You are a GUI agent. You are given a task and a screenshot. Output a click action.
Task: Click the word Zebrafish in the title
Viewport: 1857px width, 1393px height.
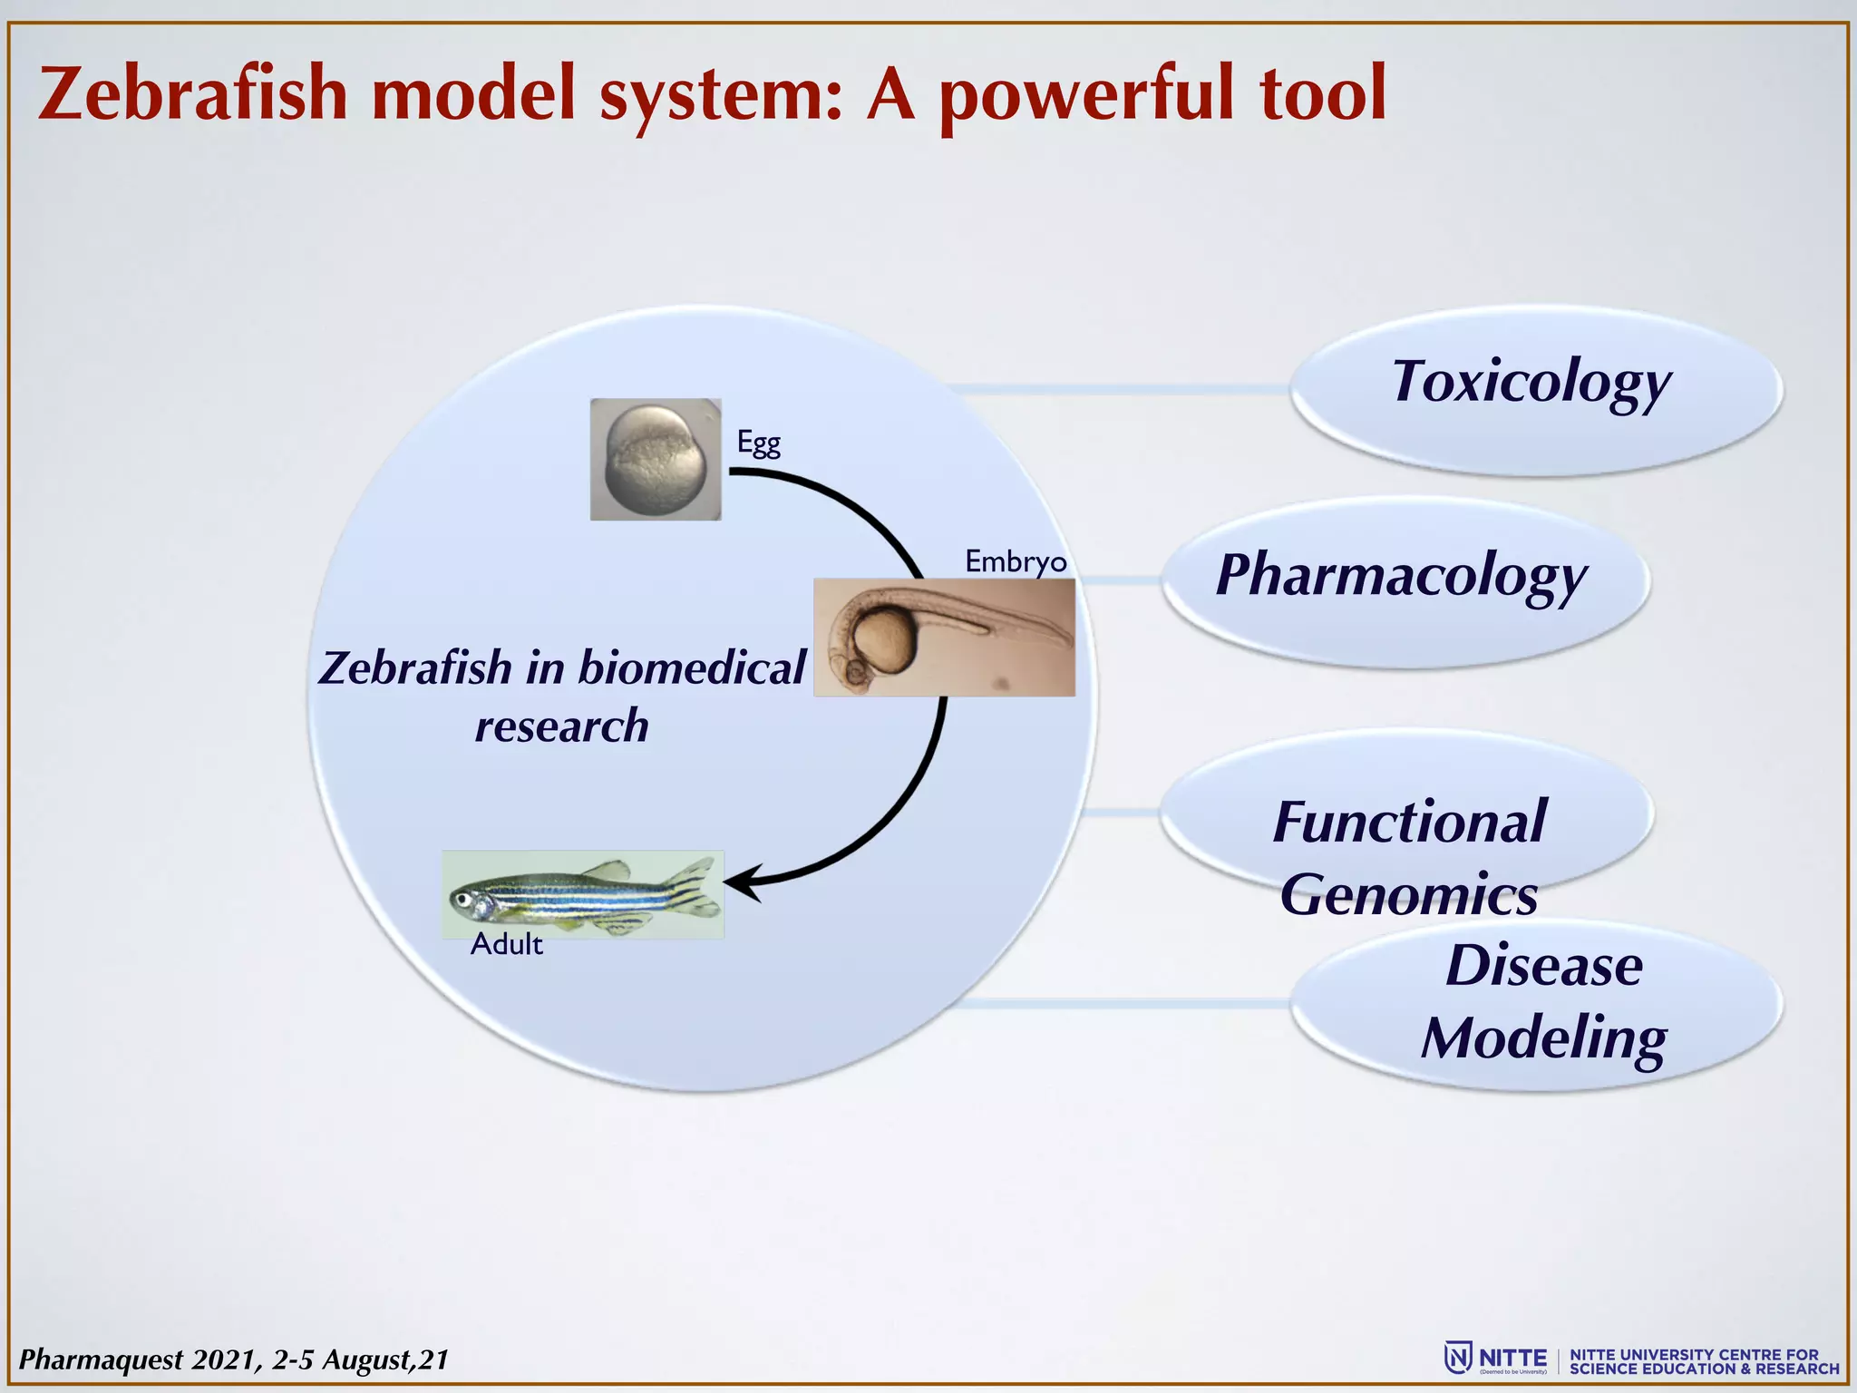point(193,93)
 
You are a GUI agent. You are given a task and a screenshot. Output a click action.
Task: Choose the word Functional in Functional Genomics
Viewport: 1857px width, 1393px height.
point(1409,822)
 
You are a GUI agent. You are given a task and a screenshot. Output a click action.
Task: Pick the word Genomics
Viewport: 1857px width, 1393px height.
point(1409,894)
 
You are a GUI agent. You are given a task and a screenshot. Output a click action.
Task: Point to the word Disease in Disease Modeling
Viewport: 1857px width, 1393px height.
point(1543,965)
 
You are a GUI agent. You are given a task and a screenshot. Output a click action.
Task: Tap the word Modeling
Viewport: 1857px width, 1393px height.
point(1543,1037)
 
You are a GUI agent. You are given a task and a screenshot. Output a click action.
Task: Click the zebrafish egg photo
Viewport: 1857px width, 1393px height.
point(656,459)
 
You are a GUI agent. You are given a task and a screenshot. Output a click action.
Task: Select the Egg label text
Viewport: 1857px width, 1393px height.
point(758,443)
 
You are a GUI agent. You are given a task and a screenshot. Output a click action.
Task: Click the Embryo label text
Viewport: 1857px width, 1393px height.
point(1015,561)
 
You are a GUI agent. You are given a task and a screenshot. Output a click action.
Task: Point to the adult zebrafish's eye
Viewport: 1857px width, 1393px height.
point(464,900)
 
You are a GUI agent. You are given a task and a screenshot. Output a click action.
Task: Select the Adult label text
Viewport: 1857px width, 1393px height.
point(506,945)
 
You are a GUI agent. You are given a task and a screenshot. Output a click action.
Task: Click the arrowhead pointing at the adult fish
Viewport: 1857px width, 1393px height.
point(739,882)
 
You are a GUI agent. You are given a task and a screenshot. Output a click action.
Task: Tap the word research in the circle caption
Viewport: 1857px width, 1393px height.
point(562,726)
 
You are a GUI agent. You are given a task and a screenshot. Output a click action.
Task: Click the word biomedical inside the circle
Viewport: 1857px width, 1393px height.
point(691,668)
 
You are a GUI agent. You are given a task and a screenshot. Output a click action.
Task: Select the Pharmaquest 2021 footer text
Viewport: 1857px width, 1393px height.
point(233,1359)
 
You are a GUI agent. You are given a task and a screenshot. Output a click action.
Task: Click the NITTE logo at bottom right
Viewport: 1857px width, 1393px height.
point(1496,1359)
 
